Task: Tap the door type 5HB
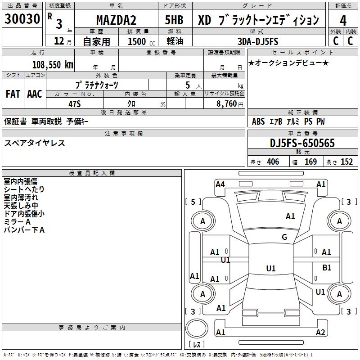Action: point(174,20)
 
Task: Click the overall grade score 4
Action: point(343,20)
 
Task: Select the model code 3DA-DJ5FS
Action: point(258,41)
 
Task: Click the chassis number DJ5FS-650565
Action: point(302,143)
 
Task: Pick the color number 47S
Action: point(74,103)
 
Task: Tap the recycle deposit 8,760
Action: point(226,104)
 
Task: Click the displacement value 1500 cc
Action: point(140,41)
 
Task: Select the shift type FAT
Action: point(13,94)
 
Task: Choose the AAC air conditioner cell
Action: point(35,94)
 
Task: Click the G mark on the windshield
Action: point(284,237)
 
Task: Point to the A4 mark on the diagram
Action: point(220,184)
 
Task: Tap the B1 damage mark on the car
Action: point(327,268)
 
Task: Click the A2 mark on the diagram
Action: point(320,333)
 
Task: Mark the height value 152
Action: point(346,162)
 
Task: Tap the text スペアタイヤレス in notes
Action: point(35,143)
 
